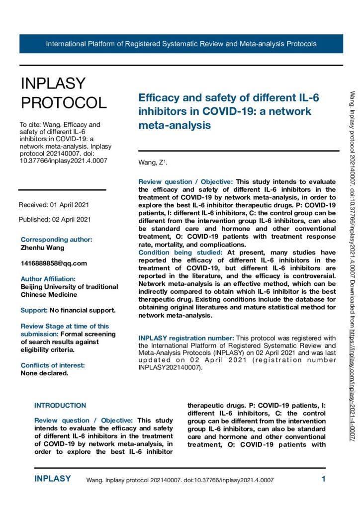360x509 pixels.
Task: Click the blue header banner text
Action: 181,44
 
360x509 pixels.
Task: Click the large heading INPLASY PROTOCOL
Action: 63,93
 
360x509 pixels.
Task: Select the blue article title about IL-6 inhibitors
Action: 228,111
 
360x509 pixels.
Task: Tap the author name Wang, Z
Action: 150,163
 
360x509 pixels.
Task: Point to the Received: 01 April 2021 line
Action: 54,205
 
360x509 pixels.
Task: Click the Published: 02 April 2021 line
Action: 55,219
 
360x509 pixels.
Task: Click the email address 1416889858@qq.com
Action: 54,263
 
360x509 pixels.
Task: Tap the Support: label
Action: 33,310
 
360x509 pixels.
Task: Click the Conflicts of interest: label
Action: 53,351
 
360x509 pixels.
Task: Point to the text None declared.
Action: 44,359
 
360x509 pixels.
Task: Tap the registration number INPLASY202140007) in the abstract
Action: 169,353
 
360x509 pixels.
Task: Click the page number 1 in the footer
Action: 323,480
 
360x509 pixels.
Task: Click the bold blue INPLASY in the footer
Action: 53,479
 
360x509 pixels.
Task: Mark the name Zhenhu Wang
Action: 42,247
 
